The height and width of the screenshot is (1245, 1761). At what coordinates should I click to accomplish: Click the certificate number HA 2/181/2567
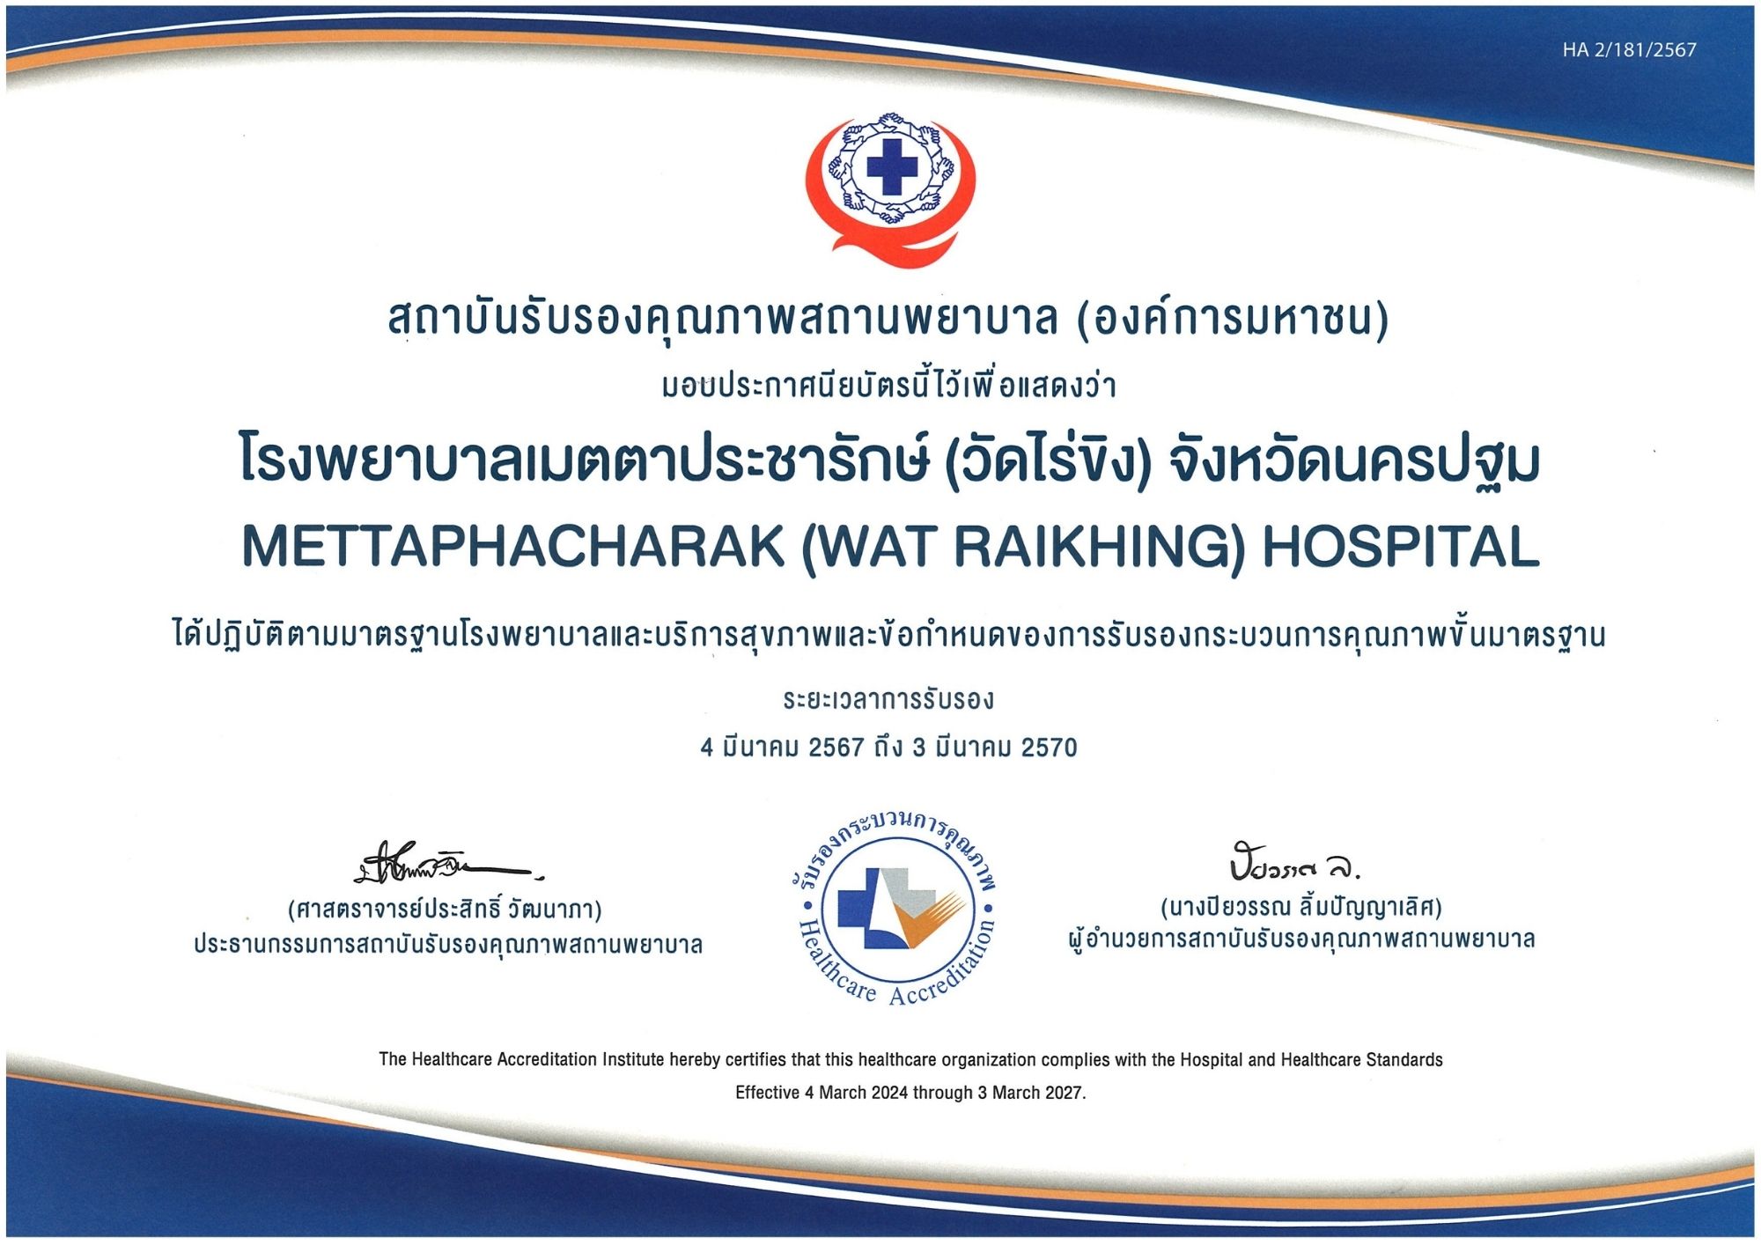point(1629,50)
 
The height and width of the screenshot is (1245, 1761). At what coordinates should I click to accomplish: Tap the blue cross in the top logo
point(891,166)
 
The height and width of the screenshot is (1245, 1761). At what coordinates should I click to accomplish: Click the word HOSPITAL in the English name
point(1401,547)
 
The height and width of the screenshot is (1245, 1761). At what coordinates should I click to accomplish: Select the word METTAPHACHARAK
point(513,547)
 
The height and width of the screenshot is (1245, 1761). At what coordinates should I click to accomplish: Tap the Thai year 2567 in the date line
point(836,748)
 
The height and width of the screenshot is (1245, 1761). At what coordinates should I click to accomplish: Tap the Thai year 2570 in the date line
point(1049,748)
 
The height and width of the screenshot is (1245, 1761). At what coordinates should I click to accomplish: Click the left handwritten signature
point(449,864)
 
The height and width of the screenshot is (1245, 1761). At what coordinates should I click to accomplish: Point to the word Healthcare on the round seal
point(832,963)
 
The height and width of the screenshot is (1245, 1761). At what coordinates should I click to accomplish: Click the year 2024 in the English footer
point(890,1093)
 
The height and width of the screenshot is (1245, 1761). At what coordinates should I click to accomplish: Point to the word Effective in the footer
point(768,1093)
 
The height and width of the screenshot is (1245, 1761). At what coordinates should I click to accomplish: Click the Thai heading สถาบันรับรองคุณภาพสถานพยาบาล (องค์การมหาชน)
point(888,319)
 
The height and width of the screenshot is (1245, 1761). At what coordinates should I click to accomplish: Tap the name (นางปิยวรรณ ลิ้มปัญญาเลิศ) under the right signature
point(1301,906)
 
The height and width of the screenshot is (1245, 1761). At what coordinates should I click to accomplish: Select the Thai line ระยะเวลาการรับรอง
point(888,700)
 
